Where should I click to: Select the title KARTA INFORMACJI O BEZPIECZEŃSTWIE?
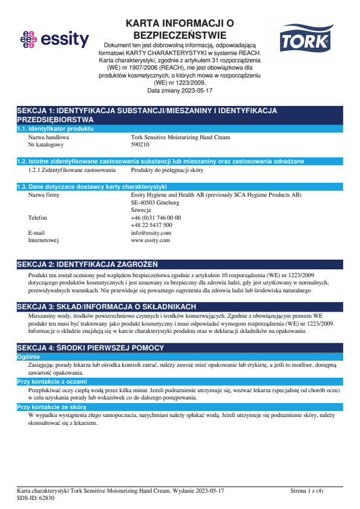click(179, 29)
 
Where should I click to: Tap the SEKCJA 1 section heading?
click(146, 115)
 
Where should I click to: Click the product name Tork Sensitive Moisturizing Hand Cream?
click(180, 137)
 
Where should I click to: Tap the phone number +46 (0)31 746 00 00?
click(155, 217)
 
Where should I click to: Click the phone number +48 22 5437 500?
click(151, 225)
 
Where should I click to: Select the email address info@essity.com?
click(151, 232)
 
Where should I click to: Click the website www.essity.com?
click(150, 240)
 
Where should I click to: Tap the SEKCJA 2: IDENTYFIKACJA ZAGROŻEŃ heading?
click(88, 264)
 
